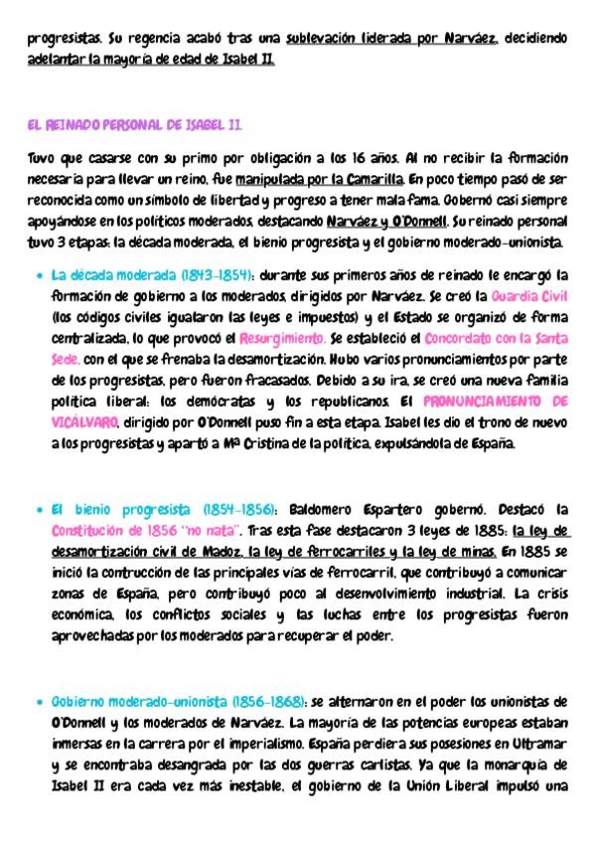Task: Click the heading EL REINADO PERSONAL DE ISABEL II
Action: [x=134, y=125]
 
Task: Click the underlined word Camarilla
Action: [x=375, y=179]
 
